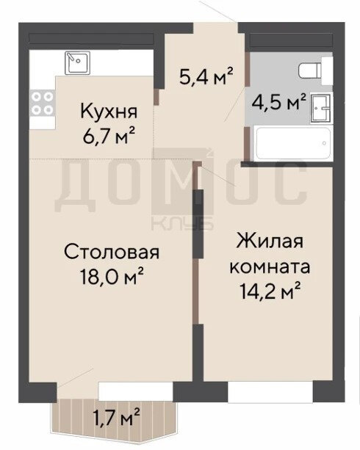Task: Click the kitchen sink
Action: tap(77, 63)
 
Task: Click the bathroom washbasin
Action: tap(321, 108)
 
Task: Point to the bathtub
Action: tap(292, 143)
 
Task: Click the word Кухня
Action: tap(109, 112)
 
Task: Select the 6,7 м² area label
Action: tap(109, 136)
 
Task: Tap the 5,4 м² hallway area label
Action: tap(206, 76)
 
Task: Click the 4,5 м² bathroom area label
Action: tap(278, 102)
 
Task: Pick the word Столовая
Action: tap(112, 253)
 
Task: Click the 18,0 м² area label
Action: tap(112, 276)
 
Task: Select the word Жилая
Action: tap(270, 241)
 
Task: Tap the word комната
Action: tap(270, 267)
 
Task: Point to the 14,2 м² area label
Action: tap(270, 291)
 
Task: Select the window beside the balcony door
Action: tap(136, 391)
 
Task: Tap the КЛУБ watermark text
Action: tap(182, 223)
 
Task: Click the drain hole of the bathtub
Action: tap(324, 143)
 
